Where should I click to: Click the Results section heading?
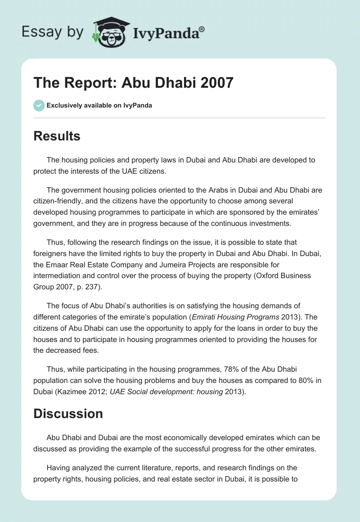pyautogui.click(x=57, y=136)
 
